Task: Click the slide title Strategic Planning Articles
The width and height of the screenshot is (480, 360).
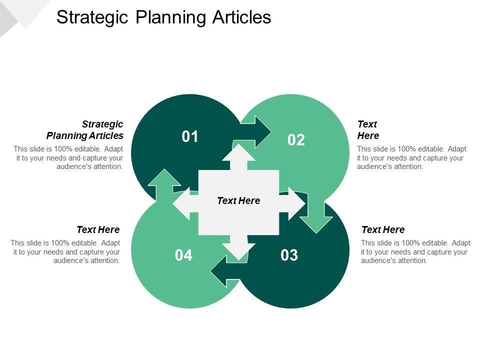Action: point(163,17)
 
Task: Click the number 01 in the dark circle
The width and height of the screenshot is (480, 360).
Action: point(190,136)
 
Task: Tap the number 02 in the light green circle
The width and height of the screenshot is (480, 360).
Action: point(296,140)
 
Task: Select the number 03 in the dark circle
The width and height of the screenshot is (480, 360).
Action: point(289,255)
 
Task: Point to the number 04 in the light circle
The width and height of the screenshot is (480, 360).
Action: point(183,255)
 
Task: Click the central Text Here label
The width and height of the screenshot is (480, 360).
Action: point(238,200)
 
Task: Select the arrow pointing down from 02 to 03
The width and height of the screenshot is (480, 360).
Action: point(316,215)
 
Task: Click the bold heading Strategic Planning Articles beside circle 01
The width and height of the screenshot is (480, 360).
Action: point(85,129)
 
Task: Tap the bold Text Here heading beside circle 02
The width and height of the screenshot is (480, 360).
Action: point(368,129)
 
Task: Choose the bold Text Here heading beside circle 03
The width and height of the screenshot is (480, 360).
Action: point(383,229)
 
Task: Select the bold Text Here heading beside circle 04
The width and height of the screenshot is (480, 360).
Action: point(98,229)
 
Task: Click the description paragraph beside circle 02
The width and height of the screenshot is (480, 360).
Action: point(411,157)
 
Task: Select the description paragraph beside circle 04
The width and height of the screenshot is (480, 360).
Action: point(65,251)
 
